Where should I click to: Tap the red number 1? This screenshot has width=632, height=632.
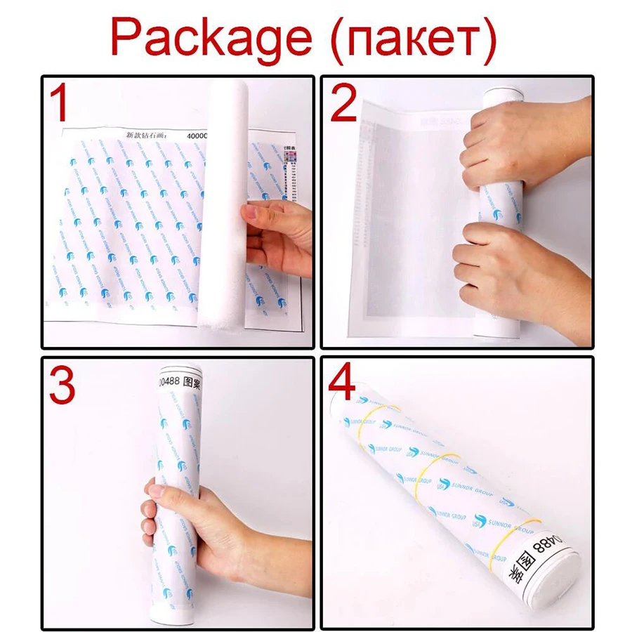(x=62, y=103)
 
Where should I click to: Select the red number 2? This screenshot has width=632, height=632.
(x=344, y=103)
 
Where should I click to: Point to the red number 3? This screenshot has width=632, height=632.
(x=62, y=384)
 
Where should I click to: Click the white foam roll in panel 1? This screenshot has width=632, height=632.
(x=223, y=204)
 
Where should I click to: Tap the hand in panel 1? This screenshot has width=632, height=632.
(x=277, y=235)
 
